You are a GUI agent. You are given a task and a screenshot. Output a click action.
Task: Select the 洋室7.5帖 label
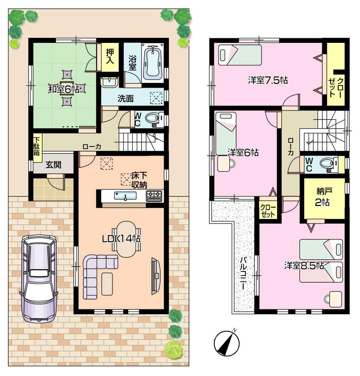267,80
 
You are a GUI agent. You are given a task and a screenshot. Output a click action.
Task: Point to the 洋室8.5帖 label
304,265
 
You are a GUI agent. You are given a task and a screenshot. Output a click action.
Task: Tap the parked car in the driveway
39,278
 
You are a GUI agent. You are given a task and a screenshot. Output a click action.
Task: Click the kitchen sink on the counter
125,196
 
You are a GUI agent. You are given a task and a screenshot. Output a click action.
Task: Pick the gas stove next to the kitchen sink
154,196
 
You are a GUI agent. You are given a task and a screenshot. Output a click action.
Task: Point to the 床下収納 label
140,180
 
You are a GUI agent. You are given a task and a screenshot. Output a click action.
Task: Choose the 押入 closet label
111,57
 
